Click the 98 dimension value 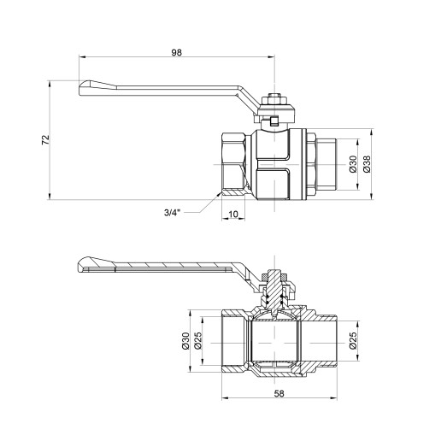[177, 52]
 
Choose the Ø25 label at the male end [353, 341]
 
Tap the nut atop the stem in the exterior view [273, 101]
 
